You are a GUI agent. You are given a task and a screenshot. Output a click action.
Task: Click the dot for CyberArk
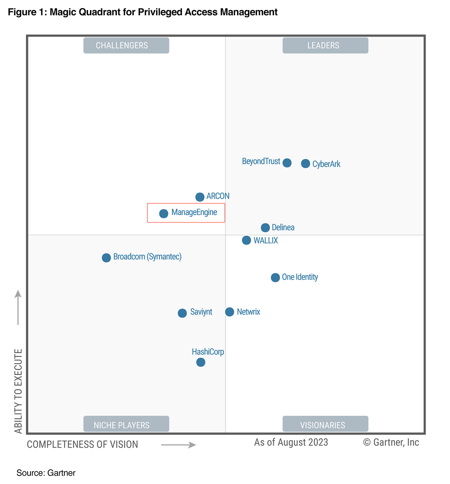coord(305,163)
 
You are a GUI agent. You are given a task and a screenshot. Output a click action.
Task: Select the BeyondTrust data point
coord(287,163)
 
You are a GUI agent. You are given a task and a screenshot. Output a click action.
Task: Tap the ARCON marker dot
coord(200,197)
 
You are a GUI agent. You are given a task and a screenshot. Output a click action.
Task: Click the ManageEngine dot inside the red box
coord(163,213)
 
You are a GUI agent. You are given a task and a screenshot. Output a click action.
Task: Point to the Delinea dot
coord(265,227)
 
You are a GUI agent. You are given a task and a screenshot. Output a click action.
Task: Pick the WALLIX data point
coord(246,240)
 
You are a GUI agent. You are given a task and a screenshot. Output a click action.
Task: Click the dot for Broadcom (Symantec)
coord(106,257)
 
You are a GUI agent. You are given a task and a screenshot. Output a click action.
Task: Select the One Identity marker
coord(275,278)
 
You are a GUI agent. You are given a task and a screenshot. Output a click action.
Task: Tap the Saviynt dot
coord(182,313)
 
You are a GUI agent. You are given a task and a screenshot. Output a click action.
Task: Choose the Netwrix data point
coord(229,312)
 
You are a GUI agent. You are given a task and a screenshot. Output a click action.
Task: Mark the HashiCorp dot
coord(201,362)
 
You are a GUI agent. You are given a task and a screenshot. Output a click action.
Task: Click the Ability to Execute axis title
coord(18,391)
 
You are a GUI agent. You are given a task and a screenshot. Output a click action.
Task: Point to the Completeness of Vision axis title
coord(82,445)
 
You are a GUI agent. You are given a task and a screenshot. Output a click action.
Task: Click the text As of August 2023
coord(291,442)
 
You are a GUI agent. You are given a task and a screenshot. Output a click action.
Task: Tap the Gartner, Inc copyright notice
coord(391,442)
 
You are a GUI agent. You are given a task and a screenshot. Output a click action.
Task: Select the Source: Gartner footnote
coord(46,473)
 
